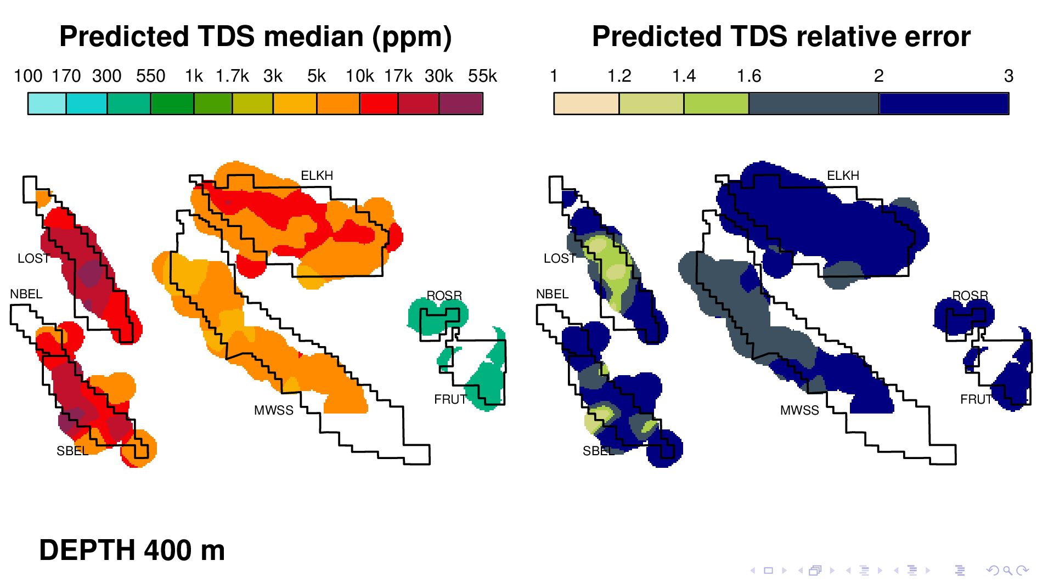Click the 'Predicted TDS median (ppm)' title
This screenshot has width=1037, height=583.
[x=255, y=37]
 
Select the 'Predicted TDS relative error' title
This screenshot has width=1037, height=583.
[x=781, y=37]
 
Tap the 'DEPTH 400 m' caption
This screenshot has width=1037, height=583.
[x=132, y=550]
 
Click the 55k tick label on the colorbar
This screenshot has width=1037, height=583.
[x=482, y=76]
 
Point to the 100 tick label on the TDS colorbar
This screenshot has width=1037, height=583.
[x=28, y=76]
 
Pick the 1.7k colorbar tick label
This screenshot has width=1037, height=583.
[x=232, y=76]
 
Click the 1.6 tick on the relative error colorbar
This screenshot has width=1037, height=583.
[x=749, y=76]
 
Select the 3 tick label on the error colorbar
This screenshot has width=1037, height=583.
[x=1008, y=76]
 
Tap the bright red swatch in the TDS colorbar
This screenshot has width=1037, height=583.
[x=379, y=104]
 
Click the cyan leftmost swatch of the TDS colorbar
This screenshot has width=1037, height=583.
[x=47, y=104]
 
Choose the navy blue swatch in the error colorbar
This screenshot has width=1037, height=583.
[x=944, y=104]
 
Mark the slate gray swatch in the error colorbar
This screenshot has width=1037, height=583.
[x=814, y=104]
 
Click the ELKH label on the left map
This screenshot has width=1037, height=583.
[x=317, y=176]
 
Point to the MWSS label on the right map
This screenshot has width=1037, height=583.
[x=799, y=410]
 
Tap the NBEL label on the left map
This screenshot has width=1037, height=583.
[x=26, y=294]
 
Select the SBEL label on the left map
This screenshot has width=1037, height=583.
[x=72, y=451]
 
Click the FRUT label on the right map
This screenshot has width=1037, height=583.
[x=976, y=399]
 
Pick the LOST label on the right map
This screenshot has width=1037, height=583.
[x=559, y=258]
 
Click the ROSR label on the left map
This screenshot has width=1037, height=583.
[x=444, y=296]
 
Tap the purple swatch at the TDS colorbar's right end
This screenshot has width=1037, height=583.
[x=461, y=104]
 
